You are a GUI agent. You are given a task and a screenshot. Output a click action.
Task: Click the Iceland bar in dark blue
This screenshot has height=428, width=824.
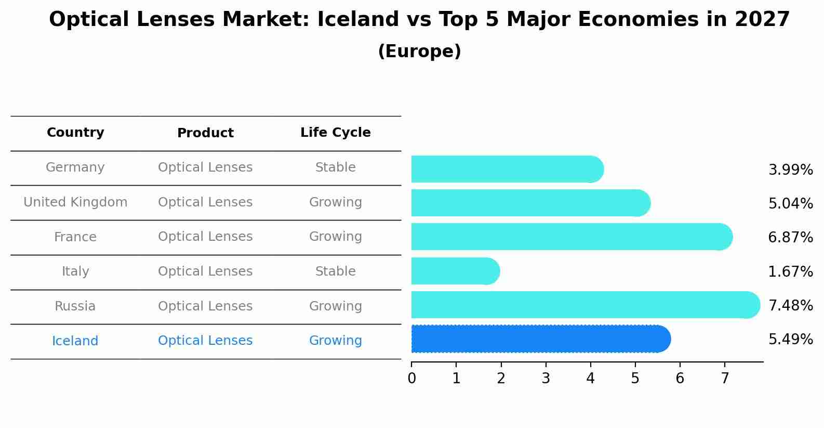540,339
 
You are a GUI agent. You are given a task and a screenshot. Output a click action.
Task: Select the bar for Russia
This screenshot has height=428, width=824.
584,305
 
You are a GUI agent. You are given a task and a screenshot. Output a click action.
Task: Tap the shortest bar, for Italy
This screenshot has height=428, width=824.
455,271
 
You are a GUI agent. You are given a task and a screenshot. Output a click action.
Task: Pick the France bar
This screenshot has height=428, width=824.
572,237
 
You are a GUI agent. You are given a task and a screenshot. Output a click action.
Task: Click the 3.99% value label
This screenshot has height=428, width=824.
790,170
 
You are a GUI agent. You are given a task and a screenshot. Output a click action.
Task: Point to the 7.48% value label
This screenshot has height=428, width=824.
790,305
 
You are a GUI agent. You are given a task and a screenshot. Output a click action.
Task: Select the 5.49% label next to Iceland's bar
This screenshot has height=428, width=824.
790,340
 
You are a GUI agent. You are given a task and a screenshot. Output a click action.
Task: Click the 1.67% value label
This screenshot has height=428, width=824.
790,271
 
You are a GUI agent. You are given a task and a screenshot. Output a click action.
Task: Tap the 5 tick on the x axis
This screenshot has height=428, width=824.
635,379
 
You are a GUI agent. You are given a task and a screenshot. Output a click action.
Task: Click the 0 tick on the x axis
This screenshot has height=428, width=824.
411,379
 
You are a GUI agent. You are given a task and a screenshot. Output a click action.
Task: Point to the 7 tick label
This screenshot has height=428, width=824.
724,379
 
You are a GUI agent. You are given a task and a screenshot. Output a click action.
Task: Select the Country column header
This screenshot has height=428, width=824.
75,133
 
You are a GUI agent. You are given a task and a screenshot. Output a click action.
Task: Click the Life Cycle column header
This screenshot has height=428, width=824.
335,133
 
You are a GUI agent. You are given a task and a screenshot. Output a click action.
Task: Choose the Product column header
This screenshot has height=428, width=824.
205,133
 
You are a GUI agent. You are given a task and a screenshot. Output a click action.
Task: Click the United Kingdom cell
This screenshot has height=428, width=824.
75,202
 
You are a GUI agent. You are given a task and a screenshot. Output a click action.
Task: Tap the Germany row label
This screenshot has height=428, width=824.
75,167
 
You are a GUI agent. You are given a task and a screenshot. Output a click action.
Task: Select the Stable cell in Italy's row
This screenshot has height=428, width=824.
335,271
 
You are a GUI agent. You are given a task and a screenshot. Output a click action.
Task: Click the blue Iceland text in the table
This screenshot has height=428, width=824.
75,341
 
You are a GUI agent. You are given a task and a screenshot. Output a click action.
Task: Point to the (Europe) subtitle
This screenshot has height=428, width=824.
419,51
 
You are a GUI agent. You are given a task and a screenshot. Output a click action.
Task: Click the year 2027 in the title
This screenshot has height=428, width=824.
762,20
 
